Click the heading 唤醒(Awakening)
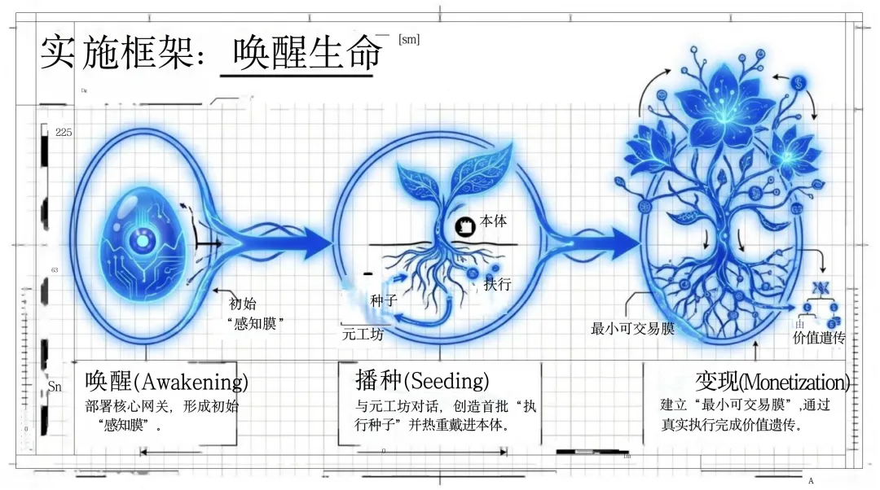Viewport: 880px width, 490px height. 166,381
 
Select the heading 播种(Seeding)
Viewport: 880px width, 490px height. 422,380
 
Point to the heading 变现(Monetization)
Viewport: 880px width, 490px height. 772,382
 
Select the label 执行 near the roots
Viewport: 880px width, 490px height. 497,285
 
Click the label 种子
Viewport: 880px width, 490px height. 383,301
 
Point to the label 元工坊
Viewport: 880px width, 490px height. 363,334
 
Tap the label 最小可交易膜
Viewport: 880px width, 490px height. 632,329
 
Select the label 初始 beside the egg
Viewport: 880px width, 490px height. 243,304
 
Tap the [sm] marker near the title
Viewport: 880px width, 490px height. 409,39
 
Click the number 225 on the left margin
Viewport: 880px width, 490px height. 64,133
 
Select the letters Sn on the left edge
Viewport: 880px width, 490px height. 55,387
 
